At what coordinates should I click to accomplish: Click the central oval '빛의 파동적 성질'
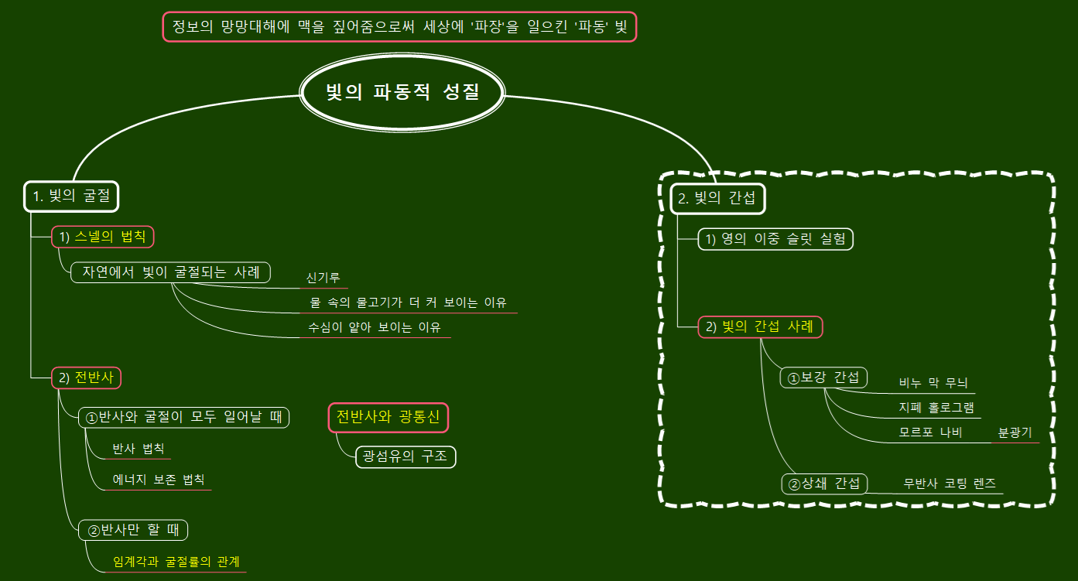pos(402,94)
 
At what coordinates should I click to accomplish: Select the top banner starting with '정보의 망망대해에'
pos(399,26)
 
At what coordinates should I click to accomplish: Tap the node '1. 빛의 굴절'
pos(71,196)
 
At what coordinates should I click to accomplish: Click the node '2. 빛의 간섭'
pos(717,198)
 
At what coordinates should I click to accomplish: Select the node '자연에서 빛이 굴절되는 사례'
pos(171,272)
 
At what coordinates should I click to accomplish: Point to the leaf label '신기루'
pos(323,278)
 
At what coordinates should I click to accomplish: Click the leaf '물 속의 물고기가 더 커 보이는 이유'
pos(408,302)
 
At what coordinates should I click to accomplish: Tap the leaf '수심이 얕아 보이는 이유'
pos(375,327)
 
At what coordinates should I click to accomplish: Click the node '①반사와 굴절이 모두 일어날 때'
pos(184,417)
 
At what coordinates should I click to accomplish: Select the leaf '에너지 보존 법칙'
pos(159,480)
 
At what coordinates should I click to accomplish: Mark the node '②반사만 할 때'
pos(133,530)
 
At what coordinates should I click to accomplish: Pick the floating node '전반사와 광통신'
pos(388,417)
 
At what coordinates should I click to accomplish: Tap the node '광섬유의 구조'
pos(405,456)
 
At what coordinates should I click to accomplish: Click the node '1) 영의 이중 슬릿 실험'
pos(775,239)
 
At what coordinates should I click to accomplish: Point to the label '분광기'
pos(1015,432)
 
